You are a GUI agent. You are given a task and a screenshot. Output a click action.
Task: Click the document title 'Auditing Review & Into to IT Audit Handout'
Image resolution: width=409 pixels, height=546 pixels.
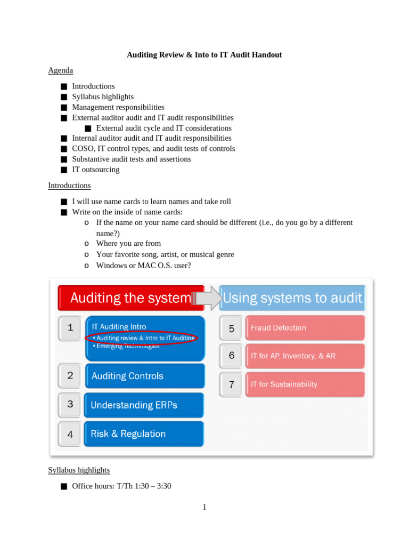coord(204,55)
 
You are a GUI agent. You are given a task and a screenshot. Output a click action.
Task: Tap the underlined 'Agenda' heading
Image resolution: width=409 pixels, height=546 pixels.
coord(60,70)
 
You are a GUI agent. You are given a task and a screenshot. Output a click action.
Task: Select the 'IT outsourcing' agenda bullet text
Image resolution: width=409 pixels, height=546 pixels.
coord(96,170)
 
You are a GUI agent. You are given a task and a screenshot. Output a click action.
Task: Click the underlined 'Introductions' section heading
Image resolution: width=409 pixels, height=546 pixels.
coord(69,186)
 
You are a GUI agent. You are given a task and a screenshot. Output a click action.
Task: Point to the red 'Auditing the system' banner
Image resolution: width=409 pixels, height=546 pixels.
coord(130,298)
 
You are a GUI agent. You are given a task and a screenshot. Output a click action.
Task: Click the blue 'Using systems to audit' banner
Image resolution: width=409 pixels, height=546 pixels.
coord(292,298)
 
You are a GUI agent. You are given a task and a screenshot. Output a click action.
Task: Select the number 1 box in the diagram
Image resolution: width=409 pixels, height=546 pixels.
coord(70,328)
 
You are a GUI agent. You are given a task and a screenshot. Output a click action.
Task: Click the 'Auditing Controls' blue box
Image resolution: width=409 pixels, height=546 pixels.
coord(144,376)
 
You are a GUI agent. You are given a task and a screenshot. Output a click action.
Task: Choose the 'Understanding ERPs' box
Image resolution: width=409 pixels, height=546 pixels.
coord(144,405)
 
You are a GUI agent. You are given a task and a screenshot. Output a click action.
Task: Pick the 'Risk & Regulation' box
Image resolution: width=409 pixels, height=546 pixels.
coord(144,434)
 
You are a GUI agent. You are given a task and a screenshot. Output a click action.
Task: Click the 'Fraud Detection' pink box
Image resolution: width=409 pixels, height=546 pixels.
coord(305,328)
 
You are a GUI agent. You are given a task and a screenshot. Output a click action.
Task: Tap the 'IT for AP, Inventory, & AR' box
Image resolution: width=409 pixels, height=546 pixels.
coord(305,356)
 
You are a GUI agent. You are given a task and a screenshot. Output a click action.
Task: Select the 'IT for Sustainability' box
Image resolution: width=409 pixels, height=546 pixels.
coord(305,384)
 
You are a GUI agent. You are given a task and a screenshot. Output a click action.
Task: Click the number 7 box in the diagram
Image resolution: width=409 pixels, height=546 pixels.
coord(231,384)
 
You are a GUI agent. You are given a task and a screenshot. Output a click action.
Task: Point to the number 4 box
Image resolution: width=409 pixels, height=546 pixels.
coord(70,434)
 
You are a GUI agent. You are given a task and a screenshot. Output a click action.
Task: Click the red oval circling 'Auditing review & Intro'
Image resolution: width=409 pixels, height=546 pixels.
coord(141,338)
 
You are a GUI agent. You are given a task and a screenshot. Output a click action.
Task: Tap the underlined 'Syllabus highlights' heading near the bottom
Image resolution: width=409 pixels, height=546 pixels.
coord(79,470)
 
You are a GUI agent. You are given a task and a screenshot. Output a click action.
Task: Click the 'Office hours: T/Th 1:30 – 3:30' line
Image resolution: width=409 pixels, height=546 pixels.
coord(121,486)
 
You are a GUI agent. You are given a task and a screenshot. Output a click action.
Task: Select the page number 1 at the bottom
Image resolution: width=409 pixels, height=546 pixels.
coord(204,507)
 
